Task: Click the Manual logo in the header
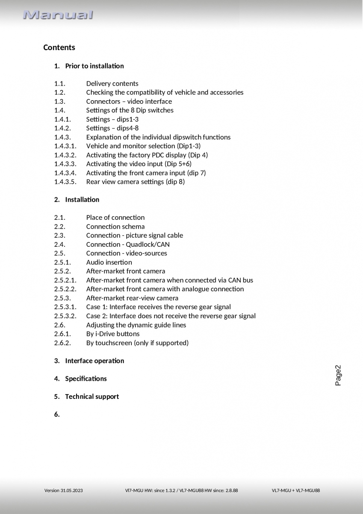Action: (x=58, y=15)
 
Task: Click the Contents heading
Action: (x=59, y=48)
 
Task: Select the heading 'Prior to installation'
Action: (x=94, y=66)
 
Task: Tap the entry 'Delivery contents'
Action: (x=112, y=84)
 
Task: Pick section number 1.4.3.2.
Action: (x=65, y=155)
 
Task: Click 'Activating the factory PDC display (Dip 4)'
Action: (x=147, y=155)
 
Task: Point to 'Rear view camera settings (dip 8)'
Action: (x=135, y=182)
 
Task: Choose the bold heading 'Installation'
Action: (x=82, y=200)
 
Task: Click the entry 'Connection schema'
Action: (x=115, y=227)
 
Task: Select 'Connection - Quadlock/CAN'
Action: (x=127, y=244)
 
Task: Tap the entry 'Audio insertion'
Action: (x=109, y=262)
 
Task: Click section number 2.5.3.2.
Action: (x=65, y=316)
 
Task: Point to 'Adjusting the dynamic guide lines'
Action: (x=136, y=325)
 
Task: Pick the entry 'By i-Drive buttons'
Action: (x=112, y=334)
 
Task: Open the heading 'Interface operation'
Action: (x=94, y=361)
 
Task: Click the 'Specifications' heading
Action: (x=86, y=379)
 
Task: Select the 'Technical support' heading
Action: (x=91, y=397)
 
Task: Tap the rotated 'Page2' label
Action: (x=338, y=375)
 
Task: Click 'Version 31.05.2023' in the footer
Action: (x=64, y=490)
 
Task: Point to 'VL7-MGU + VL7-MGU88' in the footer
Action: (x=295, y=490)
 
